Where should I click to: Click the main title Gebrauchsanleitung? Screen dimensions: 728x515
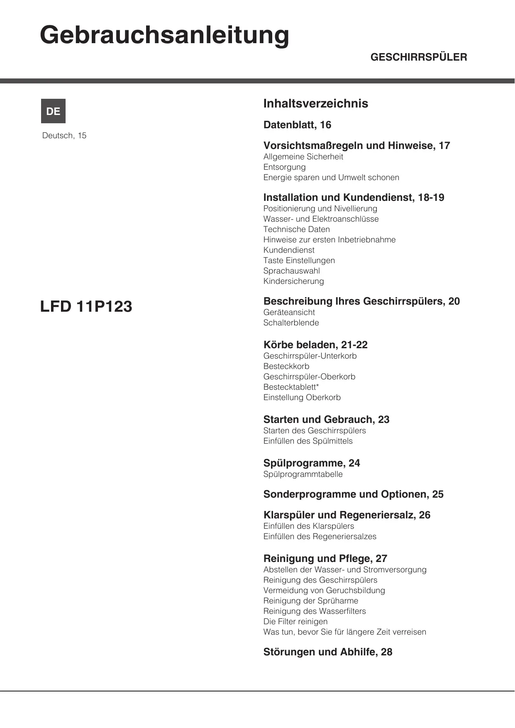(x=164, y=36)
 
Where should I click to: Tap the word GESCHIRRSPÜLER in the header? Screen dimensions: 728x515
(x=418, y=57)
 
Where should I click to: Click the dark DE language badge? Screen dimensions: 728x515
(x=53, y=111)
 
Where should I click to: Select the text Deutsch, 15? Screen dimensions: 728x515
(x=64, y=136)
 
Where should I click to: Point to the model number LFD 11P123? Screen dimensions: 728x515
(x=86, y=307)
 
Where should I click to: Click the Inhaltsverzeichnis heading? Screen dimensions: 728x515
(x=315, y=103)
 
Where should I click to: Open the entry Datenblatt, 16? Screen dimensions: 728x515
(x=297, y=125)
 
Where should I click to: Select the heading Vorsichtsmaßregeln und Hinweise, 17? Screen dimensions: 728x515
(x=356, y=146)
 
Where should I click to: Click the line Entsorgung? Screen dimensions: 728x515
(x=284, y=167)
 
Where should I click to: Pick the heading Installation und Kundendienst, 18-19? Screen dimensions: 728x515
(x=354, y=198)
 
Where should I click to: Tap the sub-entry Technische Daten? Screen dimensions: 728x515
(x=296, y=229)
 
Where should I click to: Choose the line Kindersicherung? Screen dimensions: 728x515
(x=293, y=281)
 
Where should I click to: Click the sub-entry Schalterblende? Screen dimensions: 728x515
(x=291, y=322)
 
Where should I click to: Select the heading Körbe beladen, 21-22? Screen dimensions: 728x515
(x=315, y=345)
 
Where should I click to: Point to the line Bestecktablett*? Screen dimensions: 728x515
(x=291, y=387)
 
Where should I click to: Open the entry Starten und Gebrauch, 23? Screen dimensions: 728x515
(x=326, y=420)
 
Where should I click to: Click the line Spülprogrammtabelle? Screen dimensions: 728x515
(x=303, y=474)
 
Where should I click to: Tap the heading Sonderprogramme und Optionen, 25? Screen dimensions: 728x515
(x=353, y=494)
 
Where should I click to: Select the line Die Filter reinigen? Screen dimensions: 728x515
(x=295, y=621)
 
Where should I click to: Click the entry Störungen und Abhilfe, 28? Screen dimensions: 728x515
(x=327, y=652)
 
